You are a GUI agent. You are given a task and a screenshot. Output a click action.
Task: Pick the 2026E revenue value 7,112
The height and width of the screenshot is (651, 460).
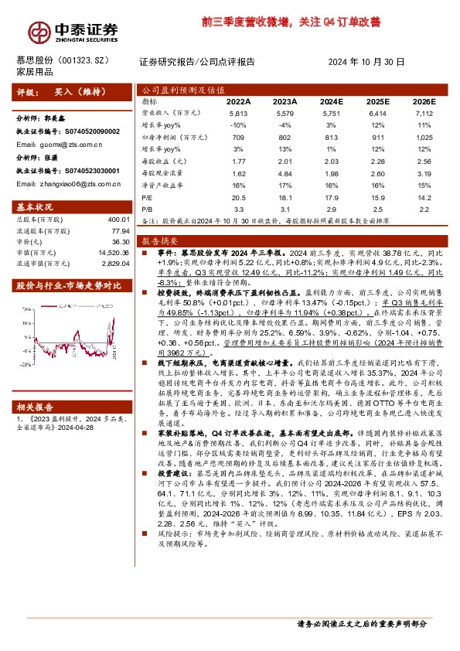tap(423, 113)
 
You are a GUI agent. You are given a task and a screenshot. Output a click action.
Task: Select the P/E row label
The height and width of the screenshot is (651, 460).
tap(148, 197)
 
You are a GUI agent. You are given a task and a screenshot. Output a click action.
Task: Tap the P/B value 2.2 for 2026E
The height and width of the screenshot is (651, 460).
tap(423, 209)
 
